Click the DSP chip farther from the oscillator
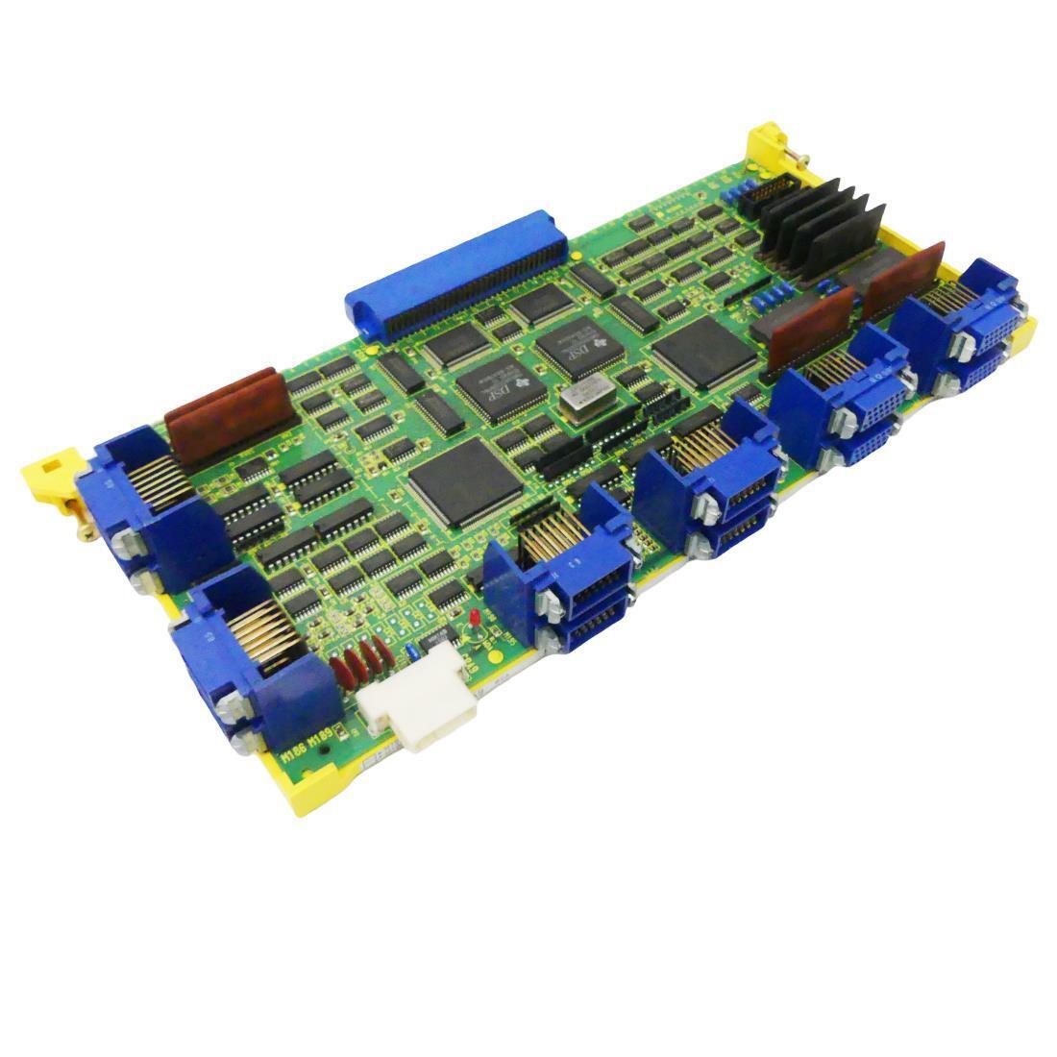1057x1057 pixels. (496, 389)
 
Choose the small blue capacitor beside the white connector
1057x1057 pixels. (410, 650)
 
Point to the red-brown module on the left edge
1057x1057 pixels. (229, 415)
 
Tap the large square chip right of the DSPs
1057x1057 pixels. (704, 352)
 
